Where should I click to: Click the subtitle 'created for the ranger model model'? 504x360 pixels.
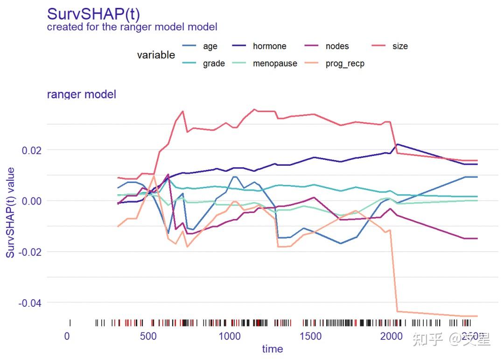[x=132, y=27]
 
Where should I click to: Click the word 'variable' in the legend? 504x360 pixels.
[x=156, y=55]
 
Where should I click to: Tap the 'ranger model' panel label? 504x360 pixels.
[x=82, y=94]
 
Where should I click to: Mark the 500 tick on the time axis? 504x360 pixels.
[x=148, y=337]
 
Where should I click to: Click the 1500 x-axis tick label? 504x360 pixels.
[x=310, y=337]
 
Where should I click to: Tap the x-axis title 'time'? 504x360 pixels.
[x=272, y=349]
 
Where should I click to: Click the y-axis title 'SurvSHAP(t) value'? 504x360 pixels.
[x=10, y=213]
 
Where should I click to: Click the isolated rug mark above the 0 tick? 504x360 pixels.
[x=70, y=323]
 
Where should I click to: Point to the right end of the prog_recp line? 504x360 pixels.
[x=477, y=316]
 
